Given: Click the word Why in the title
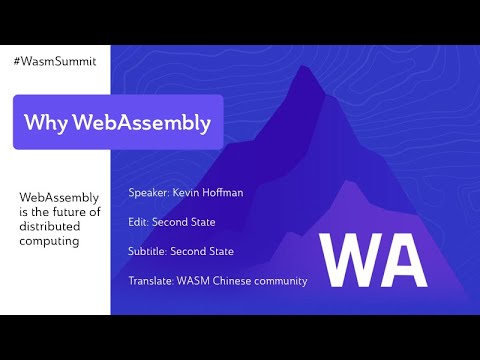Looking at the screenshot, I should [x=45, y=123].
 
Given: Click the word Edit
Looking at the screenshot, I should [x=139, y=221].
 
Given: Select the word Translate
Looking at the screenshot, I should [x=152, y=281].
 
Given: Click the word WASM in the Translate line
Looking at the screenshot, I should [x=200, y=281].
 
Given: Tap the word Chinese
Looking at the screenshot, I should [x=245, y=281].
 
